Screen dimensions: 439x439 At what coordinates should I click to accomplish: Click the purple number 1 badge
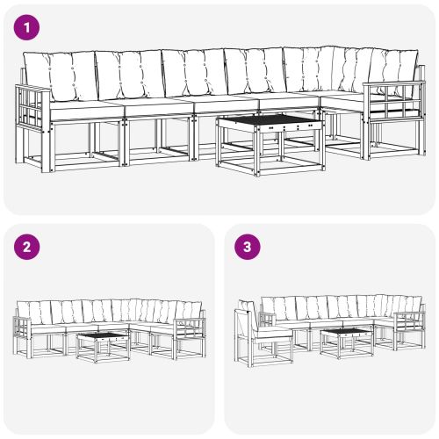tap(28, 27)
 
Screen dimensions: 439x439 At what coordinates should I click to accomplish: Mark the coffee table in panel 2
tap(104, 345)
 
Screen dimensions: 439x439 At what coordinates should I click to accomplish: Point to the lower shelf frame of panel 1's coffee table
tap(269, 163)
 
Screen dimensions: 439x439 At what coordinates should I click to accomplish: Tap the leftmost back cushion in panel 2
tap(26, 310)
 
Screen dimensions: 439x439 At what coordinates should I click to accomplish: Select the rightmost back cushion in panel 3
tap(412, 305)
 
